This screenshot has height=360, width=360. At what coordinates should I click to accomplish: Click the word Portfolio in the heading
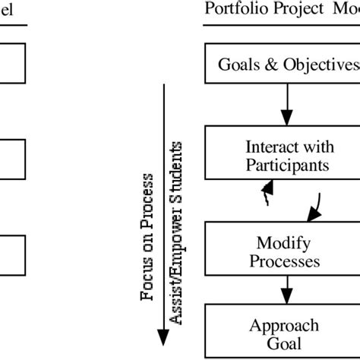pyautogui.click(x=231, y=9)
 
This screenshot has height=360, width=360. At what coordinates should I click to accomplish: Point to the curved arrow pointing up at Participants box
pyautogui.click(x=266, y=195)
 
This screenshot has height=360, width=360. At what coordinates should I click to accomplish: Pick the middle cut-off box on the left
pyautogui.click(x=12, y=158)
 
